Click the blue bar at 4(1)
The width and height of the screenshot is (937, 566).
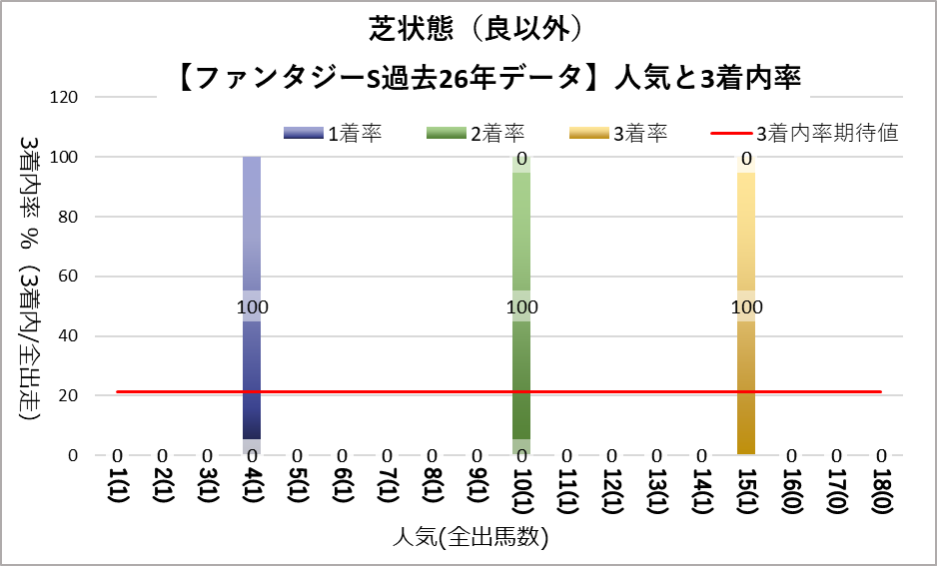[252, 379]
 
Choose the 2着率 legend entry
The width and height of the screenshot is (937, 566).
[475, 134]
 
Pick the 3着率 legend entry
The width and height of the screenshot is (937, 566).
[618, 134]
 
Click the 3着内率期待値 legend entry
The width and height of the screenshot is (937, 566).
[805, 134]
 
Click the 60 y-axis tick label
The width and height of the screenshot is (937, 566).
[70, 277]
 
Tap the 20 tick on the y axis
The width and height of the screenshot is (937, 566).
[70, 395]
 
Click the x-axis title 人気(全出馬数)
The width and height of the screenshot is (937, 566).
[468, 539]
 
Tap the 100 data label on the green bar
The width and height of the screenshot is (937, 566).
[521, 307]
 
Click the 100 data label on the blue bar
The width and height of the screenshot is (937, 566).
[253, 307]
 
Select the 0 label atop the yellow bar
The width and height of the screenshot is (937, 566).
[746, 159]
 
